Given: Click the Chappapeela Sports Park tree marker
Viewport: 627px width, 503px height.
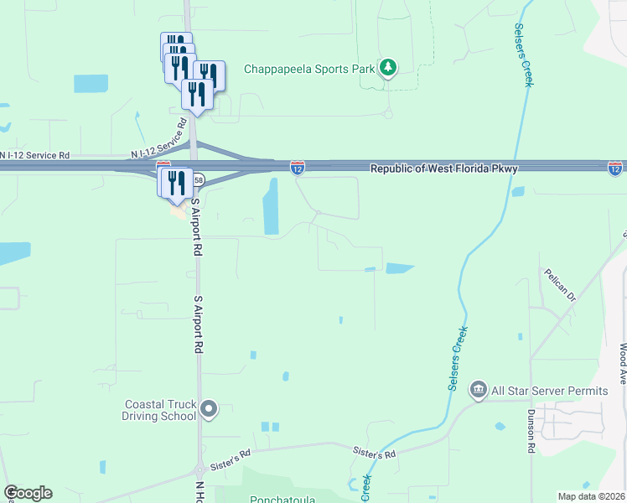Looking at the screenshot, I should (x=387, y=67).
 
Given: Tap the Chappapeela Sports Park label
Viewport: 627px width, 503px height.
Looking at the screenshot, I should (x=308, y=69).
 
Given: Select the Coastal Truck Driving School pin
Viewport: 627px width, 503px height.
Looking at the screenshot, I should (x=209, y=409).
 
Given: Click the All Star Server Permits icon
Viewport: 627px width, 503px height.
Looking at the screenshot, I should (x=479, y=389).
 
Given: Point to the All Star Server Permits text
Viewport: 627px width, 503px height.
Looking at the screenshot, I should (x=550, y=392).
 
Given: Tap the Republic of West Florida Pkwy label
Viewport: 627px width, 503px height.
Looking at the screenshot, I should (x=444, y=169).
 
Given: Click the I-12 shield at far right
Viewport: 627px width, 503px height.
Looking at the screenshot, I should (x=615, y=169).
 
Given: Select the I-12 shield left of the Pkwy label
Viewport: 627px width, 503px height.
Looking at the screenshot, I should (x=297, y=169).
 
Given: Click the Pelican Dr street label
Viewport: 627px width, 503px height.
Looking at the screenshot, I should (x=560, y=286).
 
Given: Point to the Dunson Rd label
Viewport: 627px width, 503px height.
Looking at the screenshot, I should (x=531, y=432).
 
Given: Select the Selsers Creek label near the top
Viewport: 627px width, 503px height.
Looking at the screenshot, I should (x=519, y=50).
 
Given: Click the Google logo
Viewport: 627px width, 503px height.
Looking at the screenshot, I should (x=28, y=493).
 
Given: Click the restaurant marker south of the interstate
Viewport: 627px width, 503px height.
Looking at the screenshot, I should (x=175, y=182).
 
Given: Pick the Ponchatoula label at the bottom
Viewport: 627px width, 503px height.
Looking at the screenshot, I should (x=282, y=500).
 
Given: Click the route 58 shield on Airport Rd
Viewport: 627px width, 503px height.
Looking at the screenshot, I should (x=199, y=179).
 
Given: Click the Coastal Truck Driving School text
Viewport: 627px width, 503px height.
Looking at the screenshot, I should (x=159, y=409).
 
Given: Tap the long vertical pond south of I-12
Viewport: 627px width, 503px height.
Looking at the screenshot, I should (x=271, y=206).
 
